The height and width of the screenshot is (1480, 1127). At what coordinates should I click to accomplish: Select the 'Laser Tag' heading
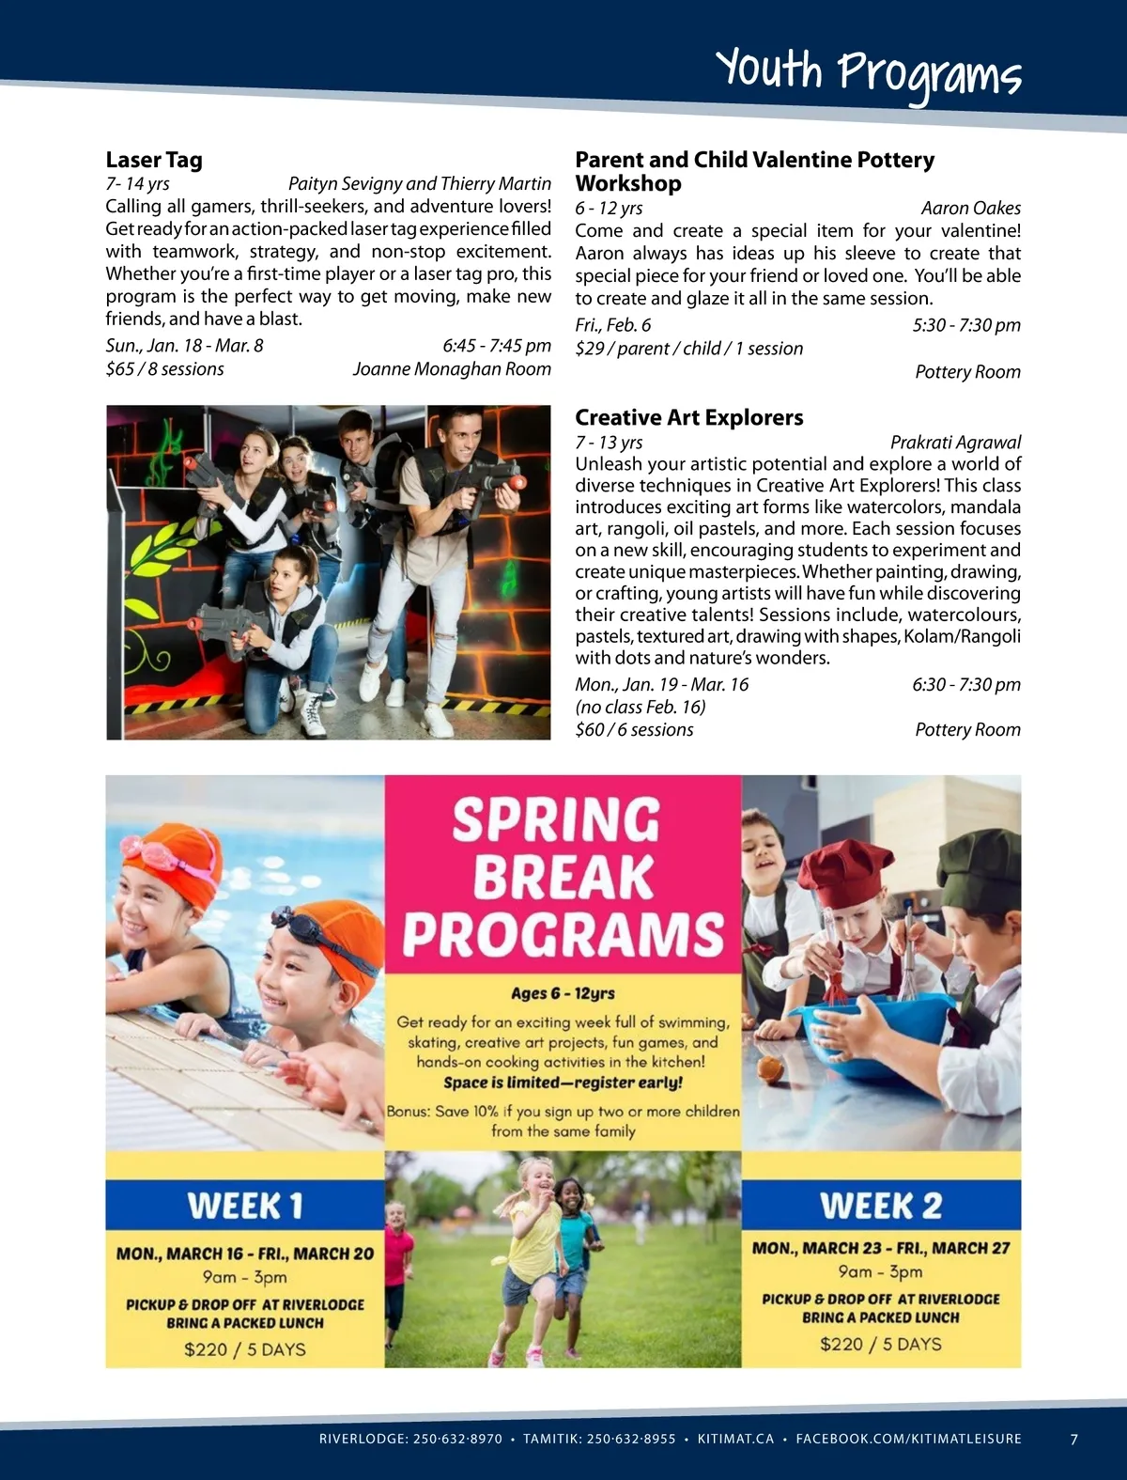point(154,160)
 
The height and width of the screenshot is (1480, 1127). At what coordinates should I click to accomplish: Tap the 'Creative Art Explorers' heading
point(688,417)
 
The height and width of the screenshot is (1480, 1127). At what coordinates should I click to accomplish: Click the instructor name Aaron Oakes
point(970,208)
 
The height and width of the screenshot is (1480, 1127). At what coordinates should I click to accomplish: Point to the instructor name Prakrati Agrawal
point(954,442)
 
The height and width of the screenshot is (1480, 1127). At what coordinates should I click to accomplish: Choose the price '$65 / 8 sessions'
point(165,368)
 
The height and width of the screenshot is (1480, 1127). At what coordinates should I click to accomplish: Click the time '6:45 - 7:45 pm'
point(496,345)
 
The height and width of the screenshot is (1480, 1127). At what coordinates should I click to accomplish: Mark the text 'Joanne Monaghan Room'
point(452,368)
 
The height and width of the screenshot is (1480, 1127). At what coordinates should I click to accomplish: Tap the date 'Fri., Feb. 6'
point(613,325)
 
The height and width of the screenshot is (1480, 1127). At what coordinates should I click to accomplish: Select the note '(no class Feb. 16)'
point(641,707)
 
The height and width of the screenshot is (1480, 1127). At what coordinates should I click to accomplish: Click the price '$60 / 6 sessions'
point(635,729)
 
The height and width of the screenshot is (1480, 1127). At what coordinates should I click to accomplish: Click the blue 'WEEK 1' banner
point(245,1205)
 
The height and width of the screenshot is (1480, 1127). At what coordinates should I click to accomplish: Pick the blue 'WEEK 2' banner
point(880,1205)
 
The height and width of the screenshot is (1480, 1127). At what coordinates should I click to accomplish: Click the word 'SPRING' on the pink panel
point(557,819)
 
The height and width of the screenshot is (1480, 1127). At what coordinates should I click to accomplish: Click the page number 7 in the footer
point(1074,1439)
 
